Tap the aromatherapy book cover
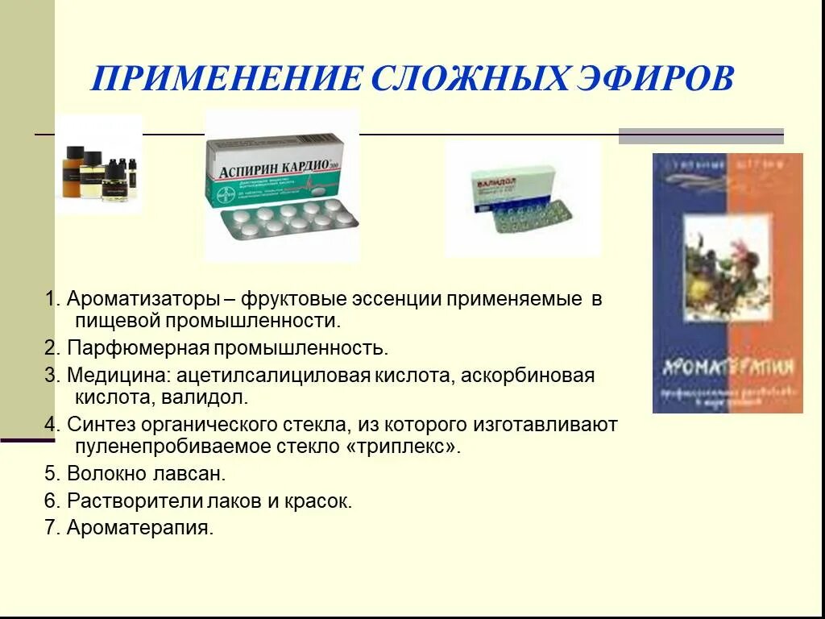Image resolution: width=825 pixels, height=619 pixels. (x=727, y=283)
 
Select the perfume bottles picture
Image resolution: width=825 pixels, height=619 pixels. (x=99, y=170)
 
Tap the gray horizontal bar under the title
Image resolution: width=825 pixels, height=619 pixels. (x=700, y=136)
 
